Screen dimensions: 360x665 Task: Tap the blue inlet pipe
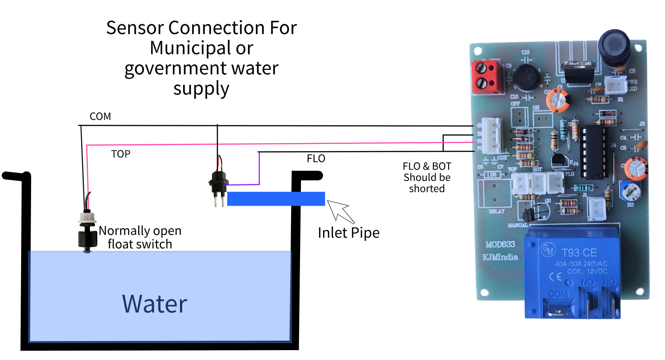(x=276, y=198)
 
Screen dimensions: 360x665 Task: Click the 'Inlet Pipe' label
(x=348, y=232)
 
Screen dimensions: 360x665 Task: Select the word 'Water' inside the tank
(x=154, y=304)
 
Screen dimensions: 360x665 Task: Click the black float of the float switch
(x=87, y=237)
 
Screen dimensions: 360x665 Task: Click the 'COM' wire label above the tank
(x=100, y=117)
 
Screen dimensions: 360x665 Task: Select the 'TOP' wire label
(x=121, y=154)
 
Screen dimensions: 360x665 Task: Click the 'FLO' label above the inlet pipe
(x=316, y=159)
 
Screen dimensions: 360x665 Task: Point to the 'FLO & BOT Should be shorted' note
(x=427, y=178)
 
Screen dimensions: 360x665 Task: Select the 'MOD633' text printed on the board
(x=500, y=245)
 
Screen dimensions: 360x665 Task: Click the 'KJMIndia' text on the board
(x=501, y=257)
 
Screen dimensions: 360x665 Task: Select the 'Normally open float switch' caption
(x=140, y=237)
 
